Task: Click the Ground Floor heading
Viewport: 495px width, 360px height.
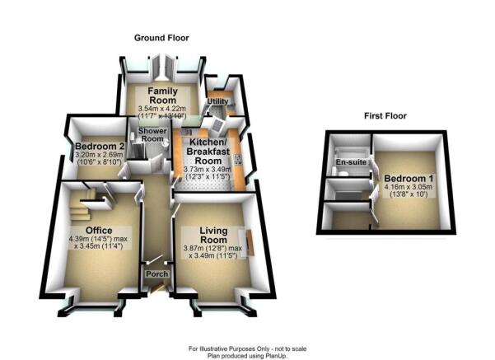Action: (x=161, y=38)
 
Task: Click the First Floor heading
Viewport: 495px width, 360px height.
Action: (x=385, y=116)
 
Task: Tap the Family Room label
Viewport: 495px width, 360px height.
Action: (x=163, y=96)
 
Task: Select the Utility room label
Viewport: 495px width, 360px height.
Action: (x=217, y=101)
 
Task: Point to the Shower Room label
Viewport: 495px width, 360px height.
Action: (x=152, y=135)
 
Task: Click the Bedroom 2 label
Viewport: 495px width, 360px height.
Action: (x=100, y=147)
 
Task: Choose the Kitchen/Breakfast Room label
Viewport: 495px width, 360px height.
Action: (x=208, y=151)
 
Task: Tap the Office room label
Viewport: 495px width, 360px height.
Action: (x=99, y=231)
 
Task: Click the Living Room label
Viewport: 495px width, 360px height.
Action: (x=213, y=236)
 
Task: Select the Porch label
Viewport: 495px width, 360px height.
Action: (x=156, y=274)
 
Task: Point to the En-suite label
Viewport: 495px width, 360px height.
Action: (x=351, y=162)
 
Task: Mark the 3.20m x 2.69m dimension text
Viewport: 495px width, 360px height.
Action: (x=100, y=155)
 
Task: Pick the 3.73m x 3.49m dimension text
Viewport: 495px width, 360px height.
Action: (x=208, y=170)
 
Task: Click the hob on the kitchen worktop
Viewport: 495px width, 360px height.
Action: (x=238, y=160)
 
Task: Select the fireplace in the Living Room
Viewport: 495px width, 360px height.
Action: (x=250, y=242)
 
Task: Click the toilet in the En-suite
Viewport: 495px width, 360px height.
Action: (x=342, y=172)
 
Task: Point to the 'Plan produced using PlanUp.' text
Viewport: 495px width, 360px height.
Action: (x=247, y=356)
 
